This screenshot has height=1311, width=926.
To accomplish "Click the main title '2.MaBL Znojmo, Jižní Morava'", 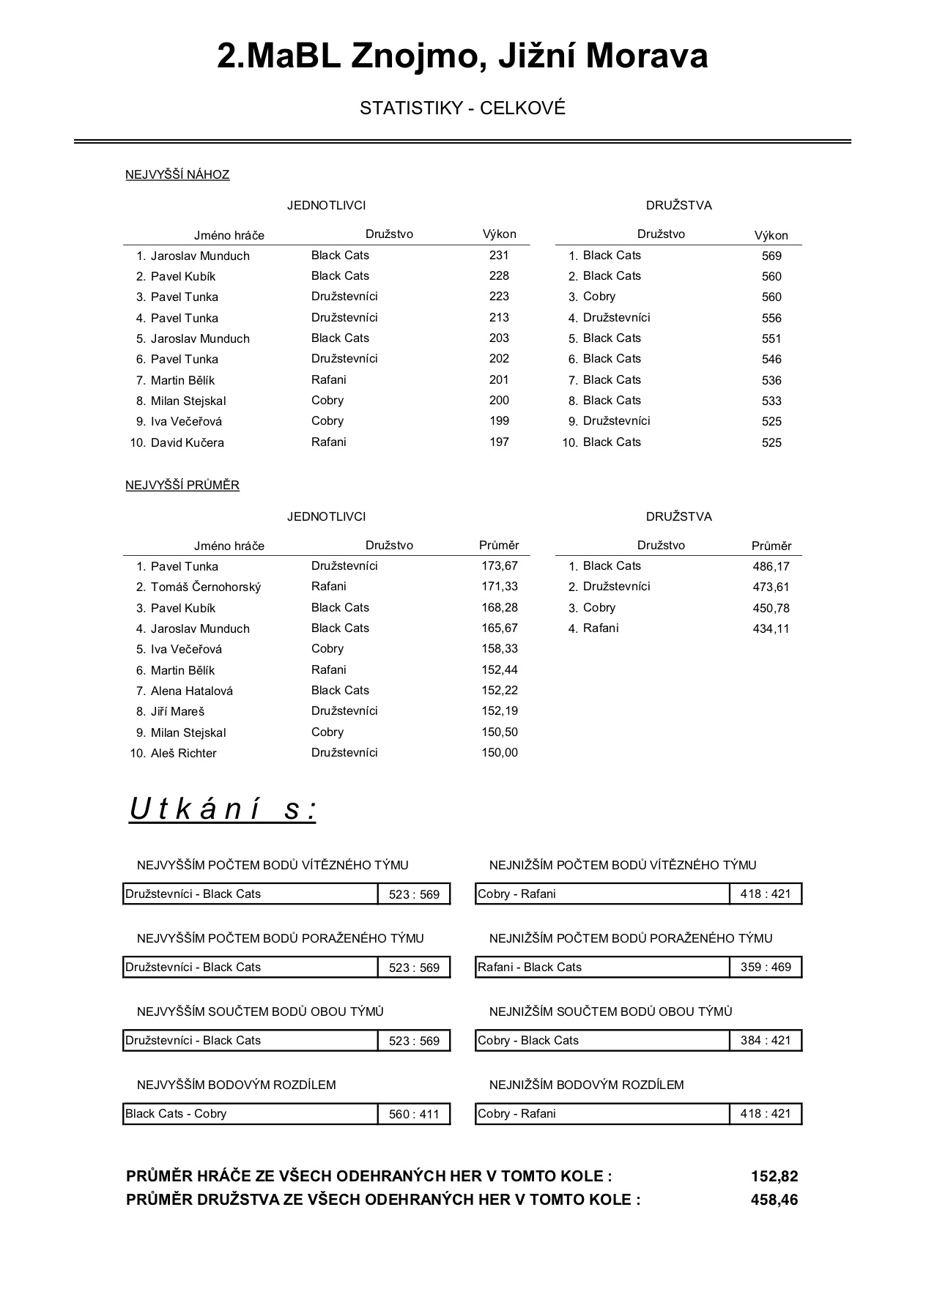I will click(462, 56).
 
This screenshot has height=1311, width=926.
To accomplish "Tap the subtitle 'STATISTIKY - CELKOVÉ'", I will click(462, 108).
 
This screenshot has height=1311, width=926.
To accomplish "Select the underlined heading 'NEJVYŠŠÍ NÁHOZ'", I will click(177, 174).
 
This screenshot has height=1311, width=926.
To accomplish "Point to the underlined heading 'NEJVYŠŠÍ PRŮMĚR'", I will click(182, 485).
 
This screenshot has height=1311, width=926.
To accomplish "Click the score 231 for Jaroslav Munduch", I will click(499, 255).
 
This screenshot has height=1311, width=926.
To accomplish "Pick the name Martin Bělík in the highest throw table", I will click(182, 380).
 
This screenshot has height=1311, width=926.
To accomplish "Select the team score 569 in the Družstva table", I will click(771, 256).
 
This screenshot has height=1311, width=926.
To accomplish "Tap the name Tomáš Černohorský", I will click(205, 587).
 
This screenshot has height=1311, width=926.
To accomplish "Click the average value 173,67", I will click(500, 565).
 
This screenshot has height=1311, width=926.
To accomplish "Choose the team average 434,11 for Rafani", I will click(771, 628).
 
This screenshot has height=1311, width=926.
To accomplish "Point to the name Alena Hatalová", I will click(191, 691).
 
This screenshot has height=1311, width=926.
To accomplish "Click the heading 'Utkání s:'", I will click(223, 809).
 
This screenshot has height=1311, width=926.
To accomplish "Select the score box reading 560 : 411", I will click(414, 1114).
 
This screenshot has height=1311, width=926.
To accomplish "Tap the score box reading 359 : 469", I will click(766, 967).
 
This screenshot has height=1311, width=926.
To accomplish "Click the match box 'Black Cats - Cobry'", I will click(250, 1113).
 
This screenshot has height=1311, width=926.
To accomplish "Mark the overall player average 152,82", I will click(774, 1176).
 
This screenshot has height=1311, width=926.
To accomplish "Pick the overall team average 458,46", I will click(774, 1200).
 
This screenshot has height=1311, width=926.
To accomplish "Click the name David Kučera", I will click(187, 442).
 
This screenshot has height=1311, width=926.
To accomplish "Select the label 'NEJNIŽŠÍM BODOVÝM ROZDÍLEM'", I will click(586, 1085).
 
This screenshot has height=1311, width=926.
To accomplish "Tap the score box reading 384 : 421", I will click(766, 1040).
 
